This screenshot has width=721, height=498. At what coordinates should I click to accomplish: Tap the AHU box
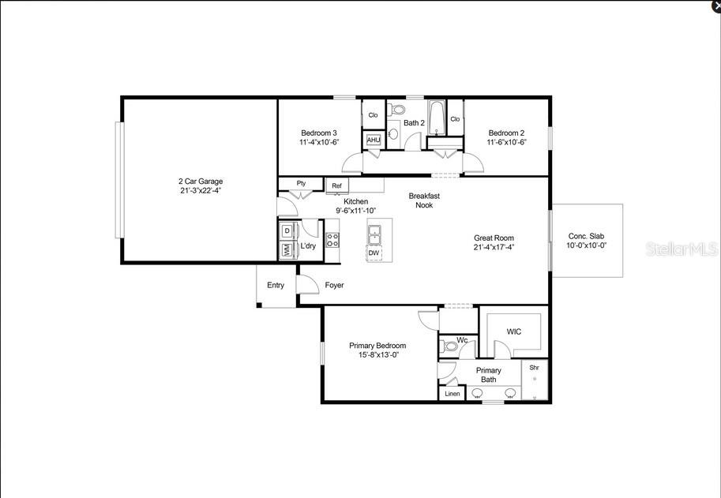point(374,140)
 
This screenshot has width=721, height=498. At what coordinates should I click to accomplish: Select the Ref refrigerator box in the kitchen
point(337,186)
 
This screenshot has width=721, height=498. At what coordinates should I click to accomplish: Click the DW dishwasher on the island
point(374,253)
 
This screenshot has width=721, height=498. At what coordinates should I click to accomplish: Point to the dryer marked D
point(288,230)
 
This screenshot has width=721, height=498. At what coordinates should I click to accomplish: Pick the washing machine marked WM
point(288,250)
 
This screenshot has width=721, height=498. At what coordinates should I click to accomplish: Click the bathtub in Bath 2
point(436,118)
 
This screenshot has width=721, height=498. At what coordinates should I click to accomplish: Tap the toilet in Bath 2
point(396,110)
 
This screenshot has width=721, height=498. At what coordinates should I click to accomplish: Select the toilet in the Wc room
point(449,346)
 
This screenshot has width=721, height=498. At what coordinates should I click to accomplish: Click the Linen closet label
point(453,394)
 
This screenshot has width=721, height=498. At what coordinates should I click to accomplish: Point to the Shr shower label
point(535,368)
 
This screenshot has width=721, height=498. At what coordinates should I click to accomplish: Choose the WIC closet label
point(514,331)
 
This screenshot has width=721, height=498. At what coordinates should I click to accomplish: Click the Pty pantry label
point(301,183)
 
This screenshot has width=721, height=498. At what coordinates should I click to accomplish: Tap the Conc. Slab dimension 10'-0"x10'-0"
point(587,245)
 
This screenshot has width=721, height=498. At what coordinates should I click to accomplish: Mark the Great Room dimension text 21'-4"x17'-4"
point(494,247)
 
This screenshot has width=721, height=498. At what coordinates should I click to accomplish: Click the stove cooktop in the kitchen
point(332,240)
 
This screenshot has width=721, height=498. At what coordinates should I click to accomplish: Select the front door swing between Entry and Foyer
point(307,284)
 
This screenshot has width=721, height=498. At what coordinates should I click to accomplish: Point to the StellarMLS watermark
point(682,249)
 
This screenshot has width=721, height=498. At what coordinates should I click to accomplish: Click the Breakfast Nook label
point(424,200)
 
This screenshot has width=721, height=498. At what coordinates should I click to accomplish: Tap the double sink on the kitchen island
point(374,235)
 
